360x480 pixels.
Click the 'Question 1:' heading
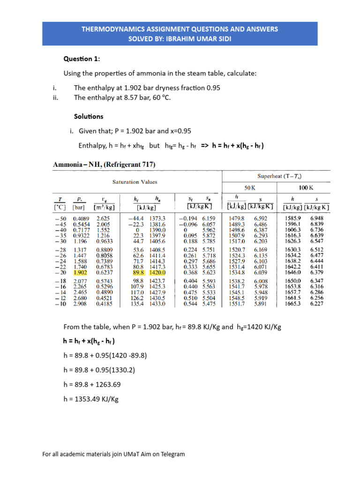[x=82, y=59]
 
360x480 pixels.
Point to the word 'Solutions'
[x=89, y=116]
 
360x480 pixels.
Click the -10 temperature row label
[x=60, y=304]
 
